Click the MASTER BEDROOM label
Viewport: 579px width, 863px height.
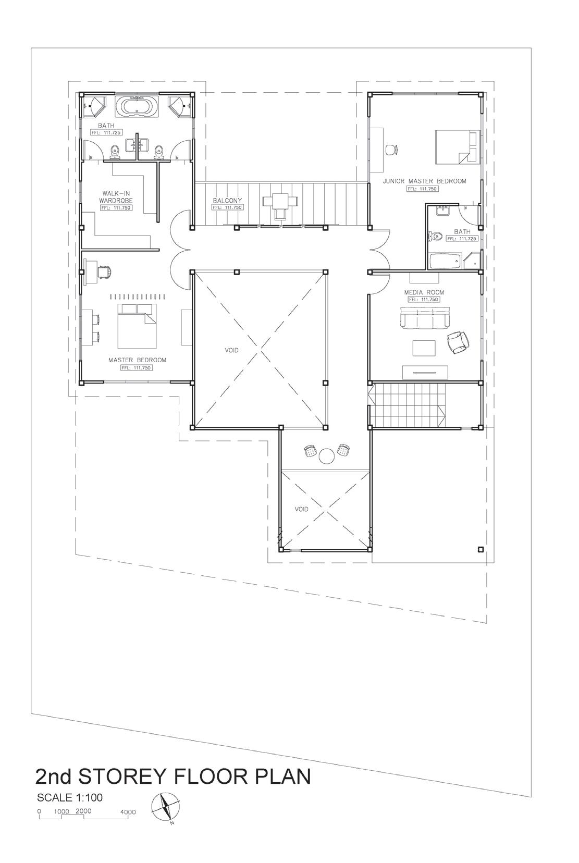137,360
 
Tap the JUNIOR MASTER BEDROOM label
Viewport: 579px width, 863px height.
425,181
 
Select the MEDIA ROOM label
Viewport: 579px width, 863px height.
424,292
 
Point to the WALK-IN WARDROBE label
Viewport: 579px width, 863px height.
116,197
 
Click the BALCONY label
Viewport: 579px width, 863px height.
227,200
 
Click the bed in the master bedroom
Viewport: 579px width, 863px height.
137,326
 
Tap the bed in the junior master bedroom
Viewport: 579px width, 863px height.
458,147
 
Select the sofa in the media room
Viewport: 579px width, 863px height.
425,317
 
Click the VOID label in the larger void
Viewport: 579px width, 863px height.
231,350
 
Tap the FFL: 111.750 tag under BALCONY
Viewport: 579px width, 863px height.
228,207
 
